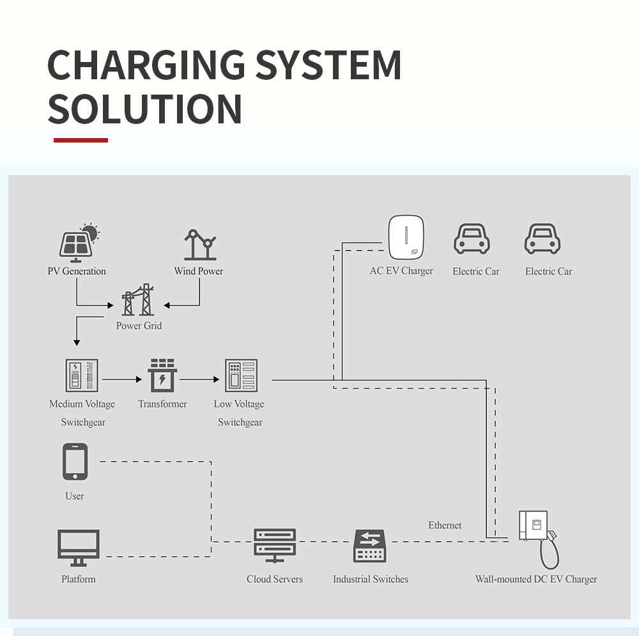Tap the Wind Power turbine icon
click(x=199, y=245)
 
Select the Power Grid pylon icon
click(x=138, y=300)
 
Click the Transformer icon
click(x=162, y=376)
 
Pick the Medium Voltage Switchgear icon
click(x=82, y=376)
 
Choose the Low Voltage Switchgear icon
click(x=240, y=376)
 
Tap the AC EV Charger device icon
click(x=406, y=237)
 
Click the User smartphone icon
click(x=75, y=462)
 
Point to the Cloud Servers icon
click(x=275, y=545)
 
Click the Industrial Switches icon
click(x=370, y=547)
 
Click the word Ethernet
click(x=445, y=525)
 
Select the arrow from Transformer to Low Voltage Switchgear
click(x=199, y=379)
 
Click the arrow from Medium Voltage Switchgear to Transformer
click(x=122, y=379)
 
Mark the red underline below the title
click(x=81, y=140)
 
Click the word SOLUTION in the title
click(x=145, y=109)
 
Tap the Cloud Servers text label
click(x=275, y=579)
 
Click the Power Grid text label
click(x=139, y=326)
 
